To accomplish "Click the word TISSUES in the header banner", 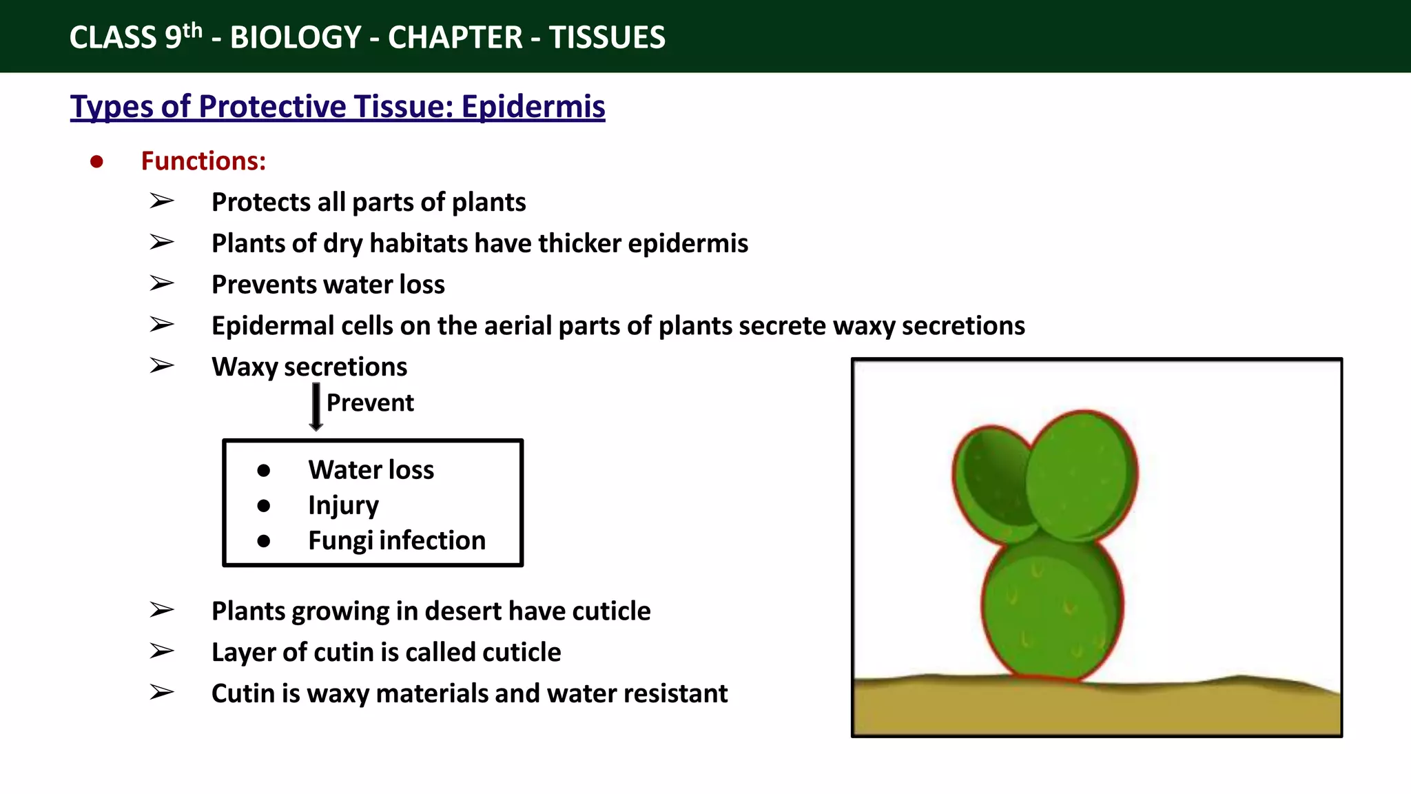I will coord(607,37).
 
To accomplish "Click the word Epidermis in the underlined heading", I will coord(533,107).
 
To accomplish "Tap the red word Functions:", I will coord(203,161).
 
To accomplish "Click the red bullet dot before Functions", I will coord(96,162).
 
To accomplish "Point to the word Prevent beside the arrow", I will coord(370,403).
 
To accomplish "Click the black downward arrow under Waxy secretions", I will coord(316,407).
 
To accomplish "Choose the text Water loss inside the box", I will coord(371,470).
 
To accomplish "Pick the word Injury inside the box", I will coord(343,505).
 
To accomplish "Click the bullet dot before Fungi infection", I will coord(263,541).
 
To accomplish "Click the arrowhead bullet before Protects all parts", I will coord(162,202).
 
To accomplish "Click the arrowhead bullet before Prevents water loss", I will coord(162,284).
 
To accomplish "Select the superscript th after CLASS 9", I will coord(193,30).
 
